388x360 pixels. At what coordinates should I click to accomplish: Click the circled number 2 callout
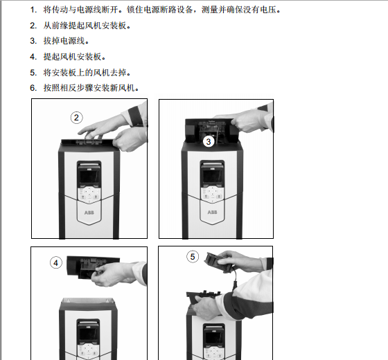point(76,118)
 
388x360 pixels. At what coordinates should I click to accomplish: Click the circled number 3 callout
point(209,142)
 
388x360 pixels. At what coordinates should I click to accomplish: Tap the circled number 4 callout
point(56,263)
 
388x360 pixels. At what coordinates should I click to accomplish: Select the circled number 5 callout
point(193,257)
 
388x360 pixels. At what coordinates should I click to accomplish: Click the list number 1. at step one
point(33,10)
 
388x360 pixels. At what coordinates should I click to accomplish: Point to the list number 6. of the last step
point(33,88)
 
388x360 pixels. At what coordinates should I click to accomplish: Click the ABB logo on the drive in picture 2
point(89,213)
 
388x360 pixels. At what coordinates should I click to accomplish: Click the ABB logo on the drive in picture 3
point(212,212)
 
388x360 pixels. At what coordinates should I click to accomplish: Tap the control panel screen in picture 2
point(89,176)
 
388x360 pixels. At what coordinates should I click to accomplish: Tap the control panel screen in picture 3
point(212,176)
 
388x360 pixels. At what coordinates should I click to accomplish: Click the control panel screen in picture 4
point(89,334)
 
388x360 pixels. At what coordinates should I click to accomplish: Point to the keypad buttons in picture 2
point(89,195)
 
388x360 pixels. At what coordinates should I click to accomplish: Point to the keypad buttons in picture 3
point(212,194)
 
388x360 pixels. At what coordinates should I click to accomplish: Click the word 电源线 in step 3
point(73,41)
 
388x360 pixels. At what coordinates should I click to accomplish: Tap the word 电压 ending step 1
point(268,10)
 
